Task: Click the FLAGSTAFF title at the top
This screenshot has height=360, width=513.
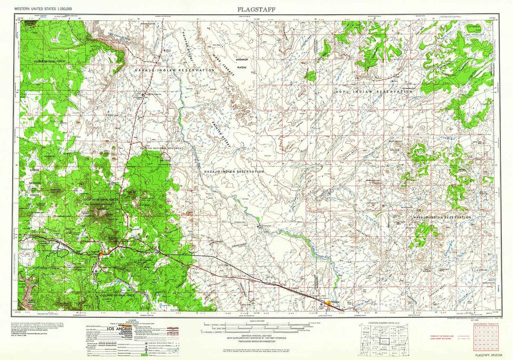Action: [256, 9]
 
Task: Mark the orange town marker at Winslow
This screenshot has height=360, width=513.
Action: [330, 303]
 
